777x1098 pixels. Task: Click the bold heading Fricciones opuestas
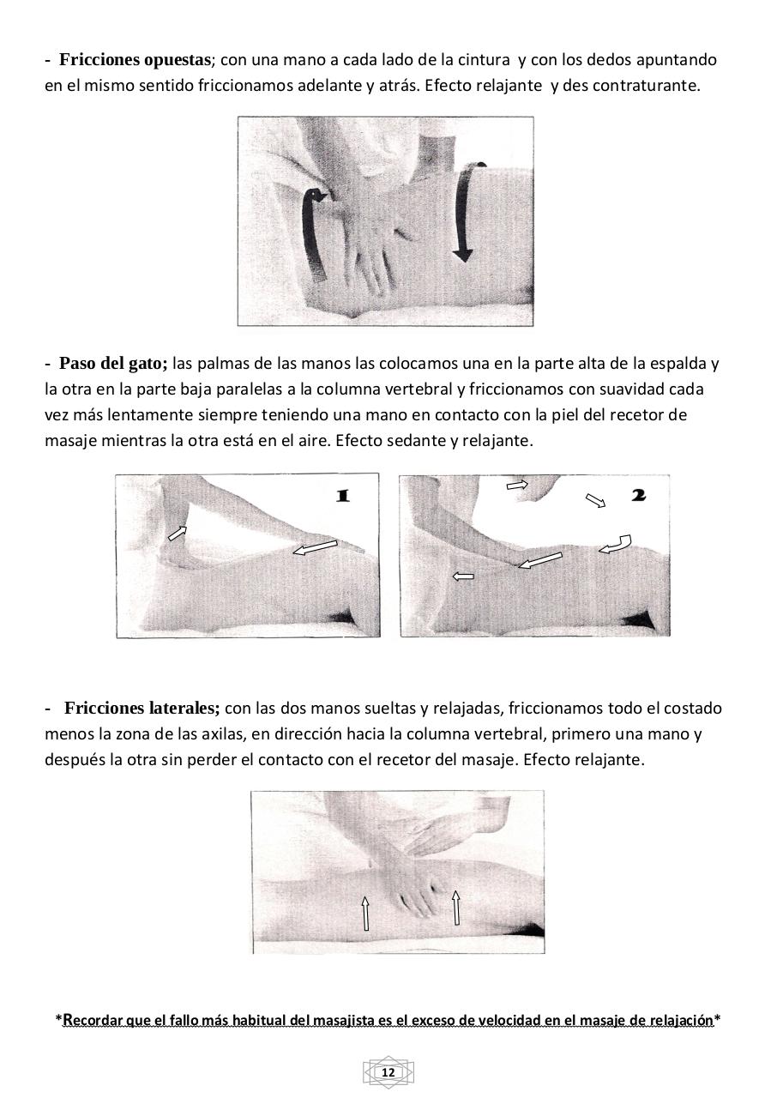pyautogui.click(x=135, y=60)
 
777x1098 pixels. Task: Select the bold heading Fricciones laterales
pyautogui.click(x=142, y=709)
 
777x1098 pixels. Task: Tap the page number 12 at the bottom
pyautogui.click(x=388, y=1073)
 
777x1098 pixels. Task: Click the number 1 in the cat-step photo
pyautogui.click(x=342, y=496)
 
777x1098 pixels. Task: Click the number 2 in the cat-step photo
pyautogui.click(x=638, y=495)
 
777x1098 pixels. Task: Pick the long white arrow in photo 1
pyautogui.click(x=315, y=547)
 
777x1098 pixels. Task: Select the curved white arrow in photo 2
pyautogui.click(x=616, y=544)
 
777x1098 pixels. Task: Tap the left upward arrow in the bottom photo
pyautogui.click(x=366, y=913)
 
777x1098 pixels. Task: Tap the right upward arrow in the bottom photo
pyautogui.click(x=456, y=908)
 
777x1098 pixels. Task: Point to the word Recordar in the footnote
pyautogui.click(x=93, y=1021)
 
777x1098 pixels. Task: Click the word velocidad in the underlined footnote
pyautogui.click(x=498, y=1021)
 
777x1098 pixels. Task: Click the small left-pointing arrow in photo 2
pyautogui.click(x=463, y=576)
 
